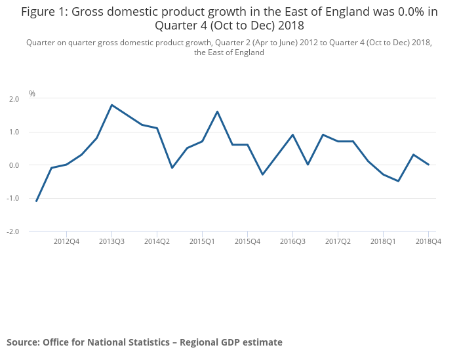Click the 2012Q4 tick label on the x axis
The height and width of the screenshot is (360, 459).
[x=66, y=241]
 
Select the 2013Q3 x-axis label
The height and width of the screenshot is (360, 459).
[x=111, y=241]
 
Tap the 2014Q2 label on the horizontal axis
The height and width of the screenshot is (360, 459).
[x=157, y=241]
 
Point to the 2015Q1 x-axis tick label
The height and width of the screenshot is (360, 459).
[x=202, y=241]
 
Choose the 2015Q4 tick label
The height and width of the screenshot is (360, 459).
[x=247, y=241]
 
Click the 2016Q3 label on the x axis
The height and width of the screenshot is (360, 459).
[x=292, y=241]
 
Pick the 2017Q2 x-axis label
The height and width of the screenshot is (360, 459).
[x=338, y=241]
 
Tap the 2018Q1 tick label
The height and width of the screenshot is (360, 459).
[x=383, y=241]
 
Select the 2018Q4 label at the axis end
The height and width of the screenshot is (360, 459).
[x=428, y=241]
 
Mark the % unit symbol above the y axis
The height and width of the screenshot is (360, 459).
[x=31, y=94]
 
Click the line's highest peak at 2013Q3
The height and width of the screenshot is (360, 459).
[x=111, y=105]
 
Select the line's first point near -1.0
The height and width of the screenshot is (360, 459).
[x=36, y=201]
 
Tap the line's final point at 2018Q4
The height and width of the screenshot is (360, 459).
[x=428, y=165]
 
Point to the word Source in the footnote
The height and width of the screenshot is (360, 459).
[x=22, y=342]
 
